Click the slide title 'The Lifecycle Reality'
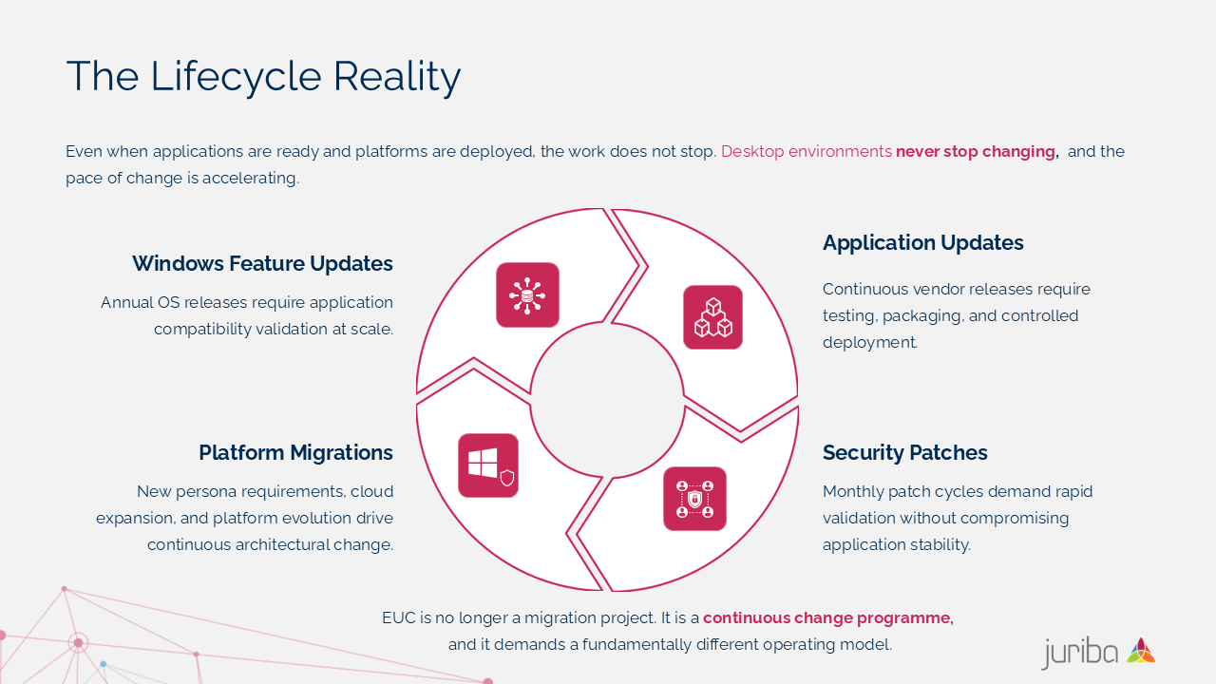click(x=263, y=77)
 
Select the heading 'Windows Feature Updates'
click(x=262, y=263)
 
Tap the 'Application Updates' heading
click(x=922, y=243)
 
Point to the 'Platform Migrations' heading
click(x=295, y=453)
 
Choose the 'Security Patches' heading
click(x=905, y=453)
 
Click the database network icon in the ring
click(x=527, y=295)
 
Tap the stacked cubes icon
click(x=712, y=317)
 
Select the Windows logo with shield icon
click(x=488, y=465)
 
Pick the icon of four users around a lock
click(x=694, y=499)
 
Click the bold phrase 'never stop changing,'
click(x=978, y=151)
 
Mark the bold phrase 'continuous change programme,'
click(x=828, y=618)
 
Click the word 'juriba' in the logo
click(x=1080, y=653)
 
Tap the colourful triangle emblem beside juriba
click(x=1141, y=651)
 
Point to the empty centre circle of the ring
click(x=607, y=400)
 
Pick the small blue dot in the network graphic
click(x=104, y=664)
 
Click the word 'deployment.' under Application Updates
click(x=870, y=343)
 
